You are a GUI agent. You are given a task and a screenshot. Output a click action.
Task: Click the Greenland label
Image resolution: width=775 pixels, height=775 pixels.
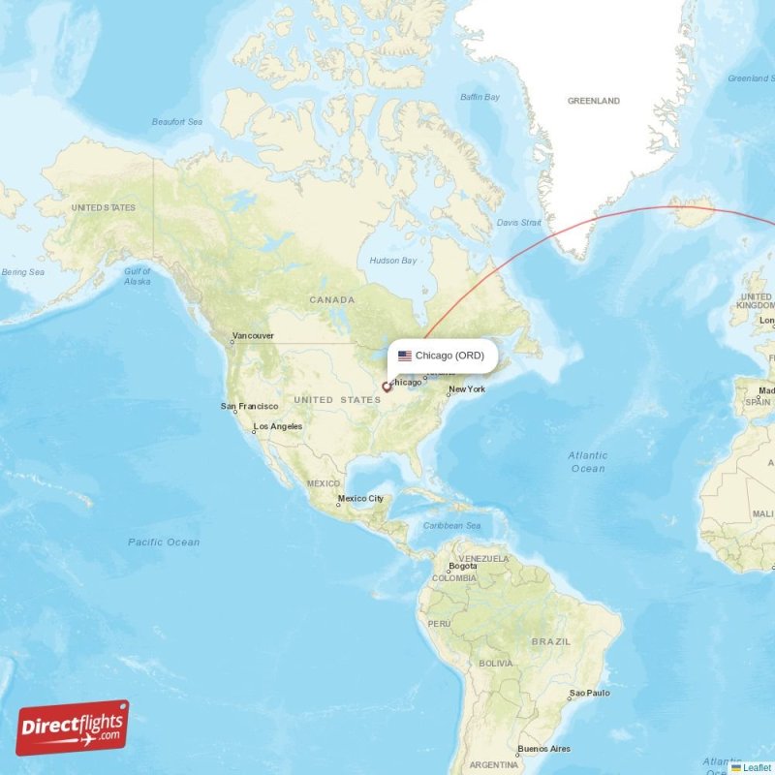point(593,101)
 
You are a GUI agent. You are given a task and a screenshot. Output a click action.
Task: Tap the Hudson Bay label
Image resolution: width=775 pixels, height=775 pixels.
point(393,261)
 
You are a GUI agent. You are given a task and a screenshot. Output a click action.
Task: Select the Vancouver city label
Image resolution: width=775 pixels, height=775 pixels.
point(253,336)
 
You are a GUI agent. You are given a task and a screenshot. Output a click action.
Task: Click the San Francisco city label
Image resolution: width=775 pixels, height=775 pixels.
point(250,406)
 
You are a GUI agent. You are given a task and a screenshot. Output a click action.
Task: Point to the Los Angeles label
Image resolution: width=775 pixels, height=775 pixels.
point(278,426)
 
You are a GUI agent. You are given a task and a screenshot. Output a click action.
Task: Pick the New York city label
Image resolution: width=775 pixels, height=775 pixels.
point(466,389)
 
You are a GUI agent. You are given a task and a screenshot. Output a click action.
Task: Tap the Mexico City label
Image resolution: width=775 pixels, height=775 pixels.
point(360,499)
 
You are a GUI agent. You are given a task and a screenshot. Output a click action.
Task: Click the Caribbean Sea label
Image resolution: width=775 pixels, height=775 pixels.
point(452,526)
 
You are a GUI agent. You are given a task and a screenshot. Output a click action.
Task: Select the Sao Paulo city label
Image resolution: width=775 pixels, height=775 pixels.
point(589,694)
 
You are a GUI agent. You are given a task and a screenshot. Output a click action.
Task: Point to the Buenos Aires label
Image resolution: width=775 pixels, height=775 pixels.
point(543,749)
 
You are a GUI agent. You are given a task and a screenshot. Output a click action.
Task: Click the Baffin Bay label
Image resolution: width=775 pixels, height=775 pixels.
point(480,97)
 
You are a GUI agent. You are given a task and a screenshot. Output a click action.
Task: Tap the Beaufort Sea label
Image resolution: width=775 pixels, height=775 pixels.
point(176,122)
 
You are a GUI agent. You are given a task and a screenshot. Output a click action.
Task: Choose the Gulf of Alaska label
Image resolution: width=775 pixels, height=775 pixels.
point(138,276)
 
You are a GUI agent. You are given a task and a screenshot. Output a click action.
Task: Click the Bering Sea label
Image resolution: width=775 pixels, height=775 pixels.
point(23,272)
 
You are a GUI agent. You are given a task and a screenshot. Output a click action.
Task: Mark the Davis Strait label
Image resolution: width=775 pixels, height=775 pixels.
point(519,223)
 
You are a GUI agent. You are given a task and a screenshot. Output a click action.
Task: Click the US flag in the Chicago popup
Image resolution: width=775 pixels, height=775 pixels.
point(405,356)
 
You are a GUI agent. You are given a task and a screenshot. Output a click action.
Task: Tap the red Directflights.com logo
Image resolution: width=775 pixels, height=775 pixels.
point(72,728)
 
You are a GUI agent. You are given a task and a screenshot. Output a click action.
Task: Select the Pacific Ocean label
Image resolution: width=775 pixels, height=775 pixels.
point(164,542)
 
